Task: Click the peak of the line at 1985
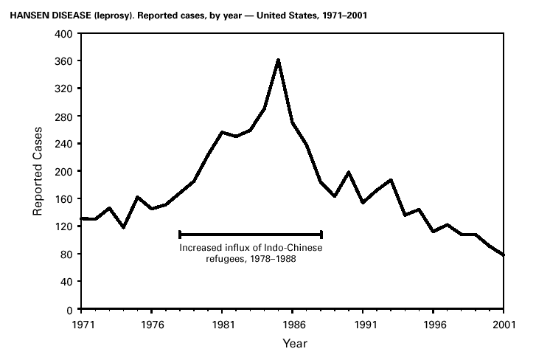pyautogui.click(x=278, y=60)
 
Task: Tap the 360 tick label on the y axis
pyautogui.click(x=64, y=61)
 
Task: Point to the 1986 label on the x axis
pyautogui.click(x=293, y=323)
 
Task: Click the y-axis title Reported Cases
pyautogui.click(x=38, y=171)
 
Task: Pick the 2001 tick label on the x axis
pyautogui.click(x=504, y=323)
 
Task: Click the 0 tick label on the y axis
pyautogui.click(x=69, y=310)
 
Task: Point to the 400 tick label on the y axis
pyautogui.click(x=64, y=34)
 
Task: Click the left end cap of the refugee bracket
pyautogui.click(x=180, y=235)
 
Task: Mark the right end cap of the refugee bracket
pyautogui.click(x=321, y=235)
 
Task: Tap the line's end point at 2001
pyautogui.click(x=504, y=255)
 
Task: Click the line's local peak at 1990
pyautogui.click(x=349, y=173)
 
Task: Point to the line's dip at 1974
pyautogui.click(x=123, y=227)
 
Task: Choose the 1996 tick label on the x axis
pyautogui.click(x=434, y=323)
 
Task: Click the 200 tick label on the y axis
pyautogui.click(x=64, y=172)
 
